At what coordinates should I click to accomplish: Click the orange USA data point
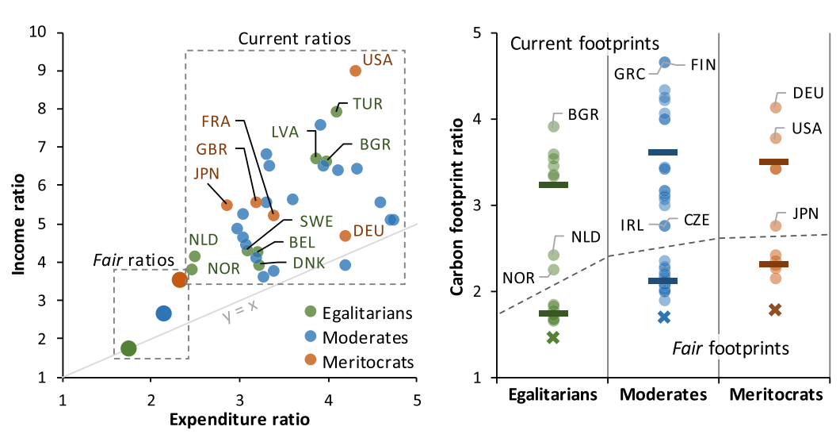pos(355,71)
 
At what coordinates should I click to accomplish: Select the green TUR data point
pos(336,111)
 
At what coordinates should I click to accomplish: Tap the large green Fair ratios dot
pos(128,348)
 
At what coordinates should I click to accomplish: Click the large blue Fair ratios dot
pos(163,313)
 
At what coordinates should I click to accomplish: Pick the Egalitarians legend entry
pos(361,313)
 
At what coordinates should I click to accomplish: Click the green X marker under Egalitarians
pos(552,337)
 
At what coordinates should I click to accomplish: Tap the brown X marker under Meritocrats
pos(775,309)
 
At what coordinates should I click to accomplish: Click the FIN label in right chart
pos(704,64)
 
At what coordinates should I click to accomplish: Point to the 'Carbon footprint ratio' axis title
pos(457,206)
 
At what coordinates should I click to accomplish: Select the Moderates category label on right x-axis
pos(662,394)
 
